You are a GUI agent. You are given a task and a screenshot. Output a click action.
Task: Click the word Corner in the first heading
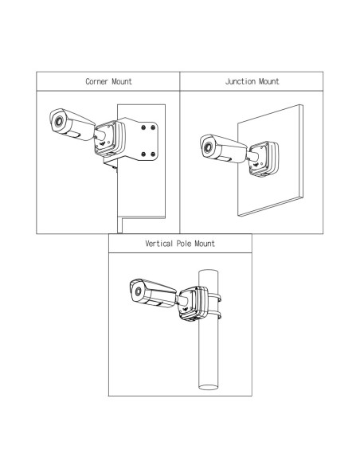click(x=96, y=81)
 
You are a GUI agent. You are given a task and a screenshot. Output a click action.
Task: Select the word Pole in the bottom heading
click(x=184, y=244)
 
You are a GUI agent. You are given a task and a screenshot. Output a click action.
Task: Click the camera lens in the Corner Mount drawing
click(x=58, y=121)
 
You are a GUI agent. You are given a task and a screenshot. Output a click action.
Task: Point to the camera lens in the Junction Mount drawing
click(x=208, y=147)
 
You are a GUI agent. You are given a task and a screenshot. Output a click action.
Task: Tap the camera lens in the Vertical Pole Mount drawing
click(x=138, y=291)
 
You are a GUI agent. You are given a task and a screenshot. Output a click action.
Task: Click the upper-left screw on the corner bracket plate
click(x=143, y=127)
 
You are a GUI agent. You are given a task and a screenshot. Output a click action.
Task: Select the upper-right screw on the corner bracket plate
click(x=153, y=127)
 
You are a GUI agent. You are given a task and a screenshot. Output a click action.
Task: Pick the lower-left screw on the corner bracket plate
click(x=143, y=154)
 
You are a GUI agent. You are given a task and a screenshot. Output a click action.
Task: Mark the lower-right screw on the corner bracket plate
click(x=153, y=154)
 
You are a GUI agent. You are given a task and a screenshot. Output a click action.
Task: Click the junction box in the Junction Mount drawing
click(x=264, y=159)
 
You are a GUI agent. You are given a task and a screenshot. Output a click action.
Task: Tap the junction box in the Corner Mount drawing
click(x=110, y=139)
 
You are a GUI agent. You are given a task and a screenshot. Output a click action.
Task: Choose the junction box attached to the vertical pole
click(x=194, y=303)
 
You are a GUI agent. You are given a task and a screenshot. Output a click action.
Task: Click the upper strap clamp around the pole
click(x=215, y=296)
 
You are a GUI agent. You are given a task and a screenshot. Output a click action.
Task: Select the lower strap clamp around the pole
click(x=215, y=315)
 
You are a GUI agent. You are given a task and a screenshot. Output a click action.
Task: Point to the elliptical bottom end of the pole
click(x=208, y=387)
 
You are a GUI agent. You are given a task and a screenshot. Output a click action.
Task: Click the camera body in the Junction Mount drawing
click(x=223, y=149)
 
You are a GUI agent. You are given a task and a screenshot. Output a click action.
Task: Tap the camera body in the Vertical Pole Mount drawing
click(x=153, y=293)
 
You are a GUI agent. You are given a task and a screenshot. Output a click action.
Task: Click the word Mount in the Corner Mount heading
click(x=121, y=81)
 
